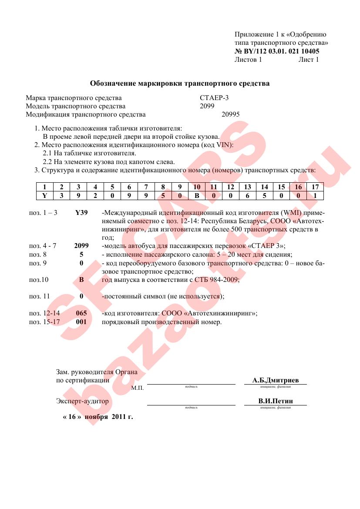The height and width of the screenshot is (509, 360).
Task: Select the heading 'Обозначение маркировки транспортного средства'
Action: pos(180,83)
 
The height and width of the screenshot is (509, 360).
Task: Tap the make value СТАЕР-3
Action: pos(214,97)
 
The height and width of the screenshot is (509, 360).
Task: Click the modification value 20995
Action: pos(230,114)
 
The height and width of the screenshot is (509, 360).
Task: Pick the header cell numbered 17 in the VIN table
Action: pos(315,187)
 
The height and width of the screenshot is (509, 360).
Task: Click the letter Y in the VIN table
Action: pos(44,195)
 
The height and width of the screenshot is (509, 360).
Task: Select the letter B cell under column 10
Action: pos(197,195)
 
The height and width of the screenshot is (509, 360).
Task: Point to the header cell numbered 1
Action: pos(44,187)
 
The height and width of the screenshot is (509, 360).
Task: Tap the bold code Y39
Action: pos(81,213)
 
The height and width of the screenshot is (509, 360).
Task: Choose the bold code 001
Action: pos(81,322)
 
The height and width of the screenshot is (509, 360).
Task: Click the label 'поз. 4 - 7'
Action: pos(43,245)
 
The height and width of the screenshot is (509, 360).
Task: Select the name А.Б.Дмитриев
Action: pos(276,380)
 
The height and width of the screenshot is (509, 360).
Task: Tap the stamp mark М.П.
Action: pos(138,387)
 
